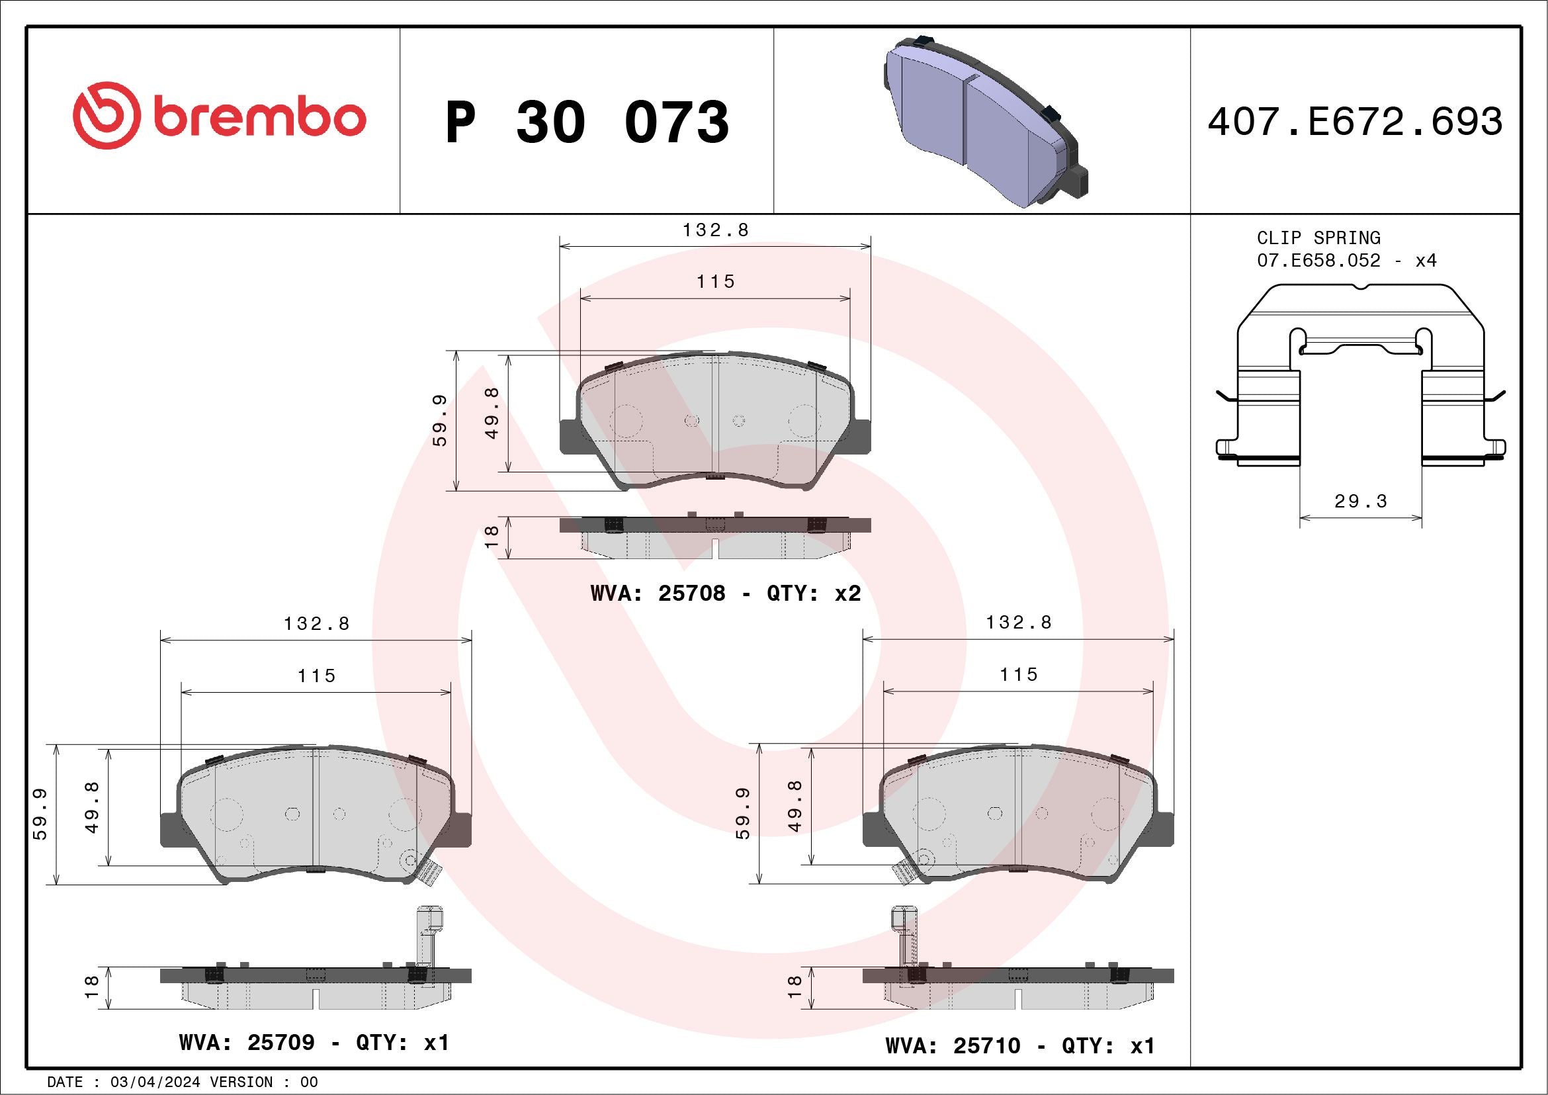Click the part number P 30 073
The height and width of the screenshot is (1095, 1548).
587,122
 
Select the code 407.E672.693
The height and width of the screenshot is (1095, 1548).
1355,122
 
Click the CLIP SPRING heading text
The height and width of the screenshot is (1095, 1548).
1318,238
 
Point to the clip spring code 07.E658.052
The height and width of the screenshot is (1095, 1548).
1318,260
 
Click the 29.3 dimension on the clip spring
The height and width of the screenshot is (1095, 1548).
1361,501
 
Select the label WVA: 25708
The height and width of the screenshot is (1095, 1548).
658,593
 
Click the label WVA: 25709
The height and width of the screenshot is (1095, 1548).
247,1043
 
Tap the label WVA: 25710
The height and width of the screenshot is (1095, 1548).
953,1046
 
